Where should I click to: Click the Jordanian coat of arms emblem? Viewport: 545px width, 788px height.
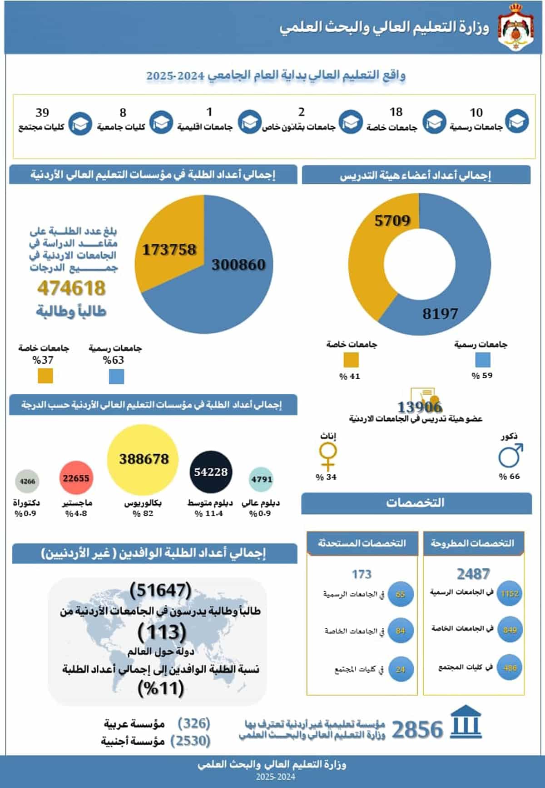[x=516, y=27]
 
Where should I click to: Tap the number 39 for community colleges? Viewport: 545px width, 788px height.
[x=42, y=112]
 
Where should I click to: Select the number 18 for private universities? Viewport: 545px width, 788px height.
[x=396, y=112]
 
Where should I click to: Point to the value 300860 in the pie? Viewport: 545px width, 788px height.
[x=238, y=264]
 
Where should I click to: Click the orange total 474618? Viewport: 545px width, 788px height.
[x=71, y=288]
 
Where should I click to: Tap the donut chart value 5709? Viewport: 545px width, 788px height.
[x=392, y=221]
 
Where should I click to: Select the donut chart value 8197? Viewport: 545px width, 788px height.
[x=440, y=313]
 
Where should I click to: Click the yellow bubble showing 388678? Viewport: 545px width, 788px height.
[x=144, y=459]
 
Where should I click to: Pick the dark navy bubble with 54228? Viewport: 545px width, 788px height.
[x=211, y=472]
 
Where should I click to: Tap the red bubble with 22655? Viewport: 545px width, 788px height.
[x=76, y=478]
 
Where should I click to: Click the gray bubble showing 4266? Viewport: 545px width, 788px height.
[x=27, y=481]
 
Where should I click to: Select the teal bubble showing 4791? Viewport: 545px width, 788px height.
[x=262, y=479]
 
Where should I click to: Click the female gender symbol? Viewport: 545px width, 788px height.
[x=328, y=457]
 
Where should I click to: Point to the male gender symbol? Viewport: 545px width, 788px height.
[x=510, y=456]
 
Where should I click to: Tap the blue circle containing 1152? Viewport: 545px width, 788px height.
[x=510, y=593]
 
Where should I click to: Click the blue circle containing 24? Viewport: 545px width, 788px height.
[x=400, y=669]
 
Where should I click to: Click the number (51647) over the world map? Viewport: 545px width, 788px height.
[x=160, y=590]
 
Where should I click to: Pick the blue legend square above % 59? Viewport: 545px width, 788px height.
[x=482, y=360]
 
